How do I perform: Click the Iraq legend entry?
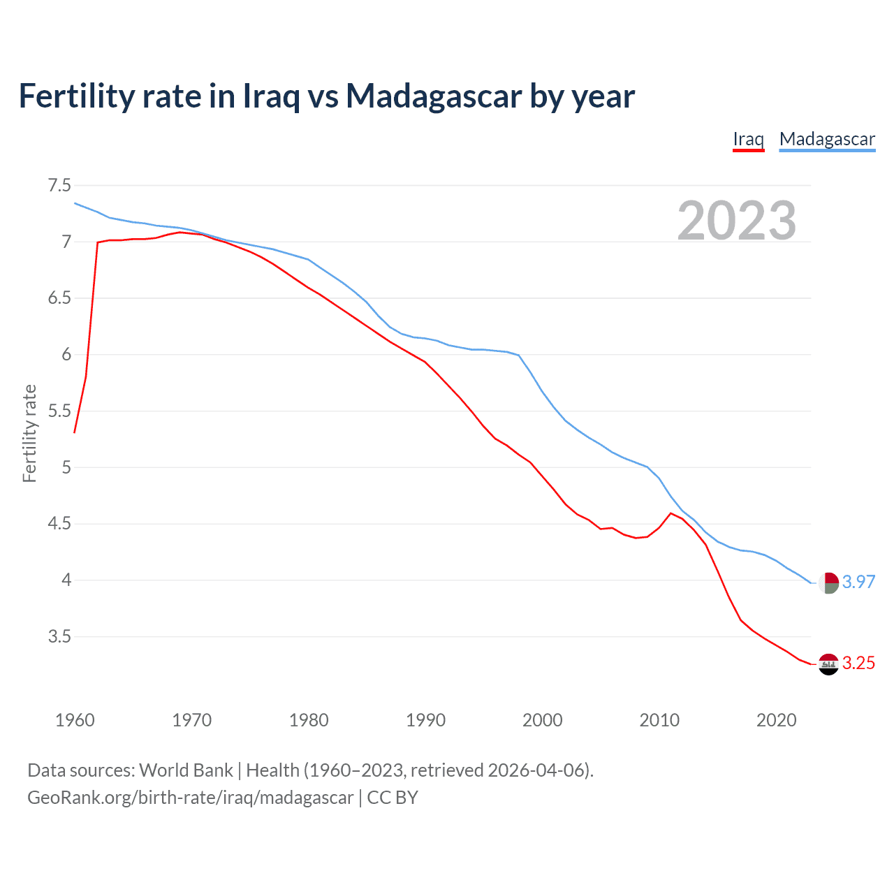tap(748, 139)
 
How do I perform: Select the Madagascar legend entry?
tap(827, 139)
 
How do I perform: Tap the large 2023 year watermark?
tap(736, 220)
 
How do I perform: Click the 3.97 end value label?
tap(858, 582)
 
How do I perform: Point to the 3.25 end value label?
tap(858, 663)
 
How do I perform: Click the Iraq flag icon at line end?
tap(828, 664)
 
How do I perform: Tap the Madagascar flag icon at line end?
tap(829, 582)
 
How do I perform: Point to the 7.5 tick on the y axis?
tap(59, 185)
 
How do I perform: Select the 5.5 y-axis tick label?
tap(59, 411)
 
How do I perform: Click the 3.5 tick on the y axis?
tap(59, 636)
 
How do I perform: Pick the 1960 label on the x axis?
tap(75, 720)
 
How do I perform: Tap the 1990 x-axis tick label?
tap(425, 720)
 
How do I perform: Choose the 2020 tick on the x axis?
tap(776, 720)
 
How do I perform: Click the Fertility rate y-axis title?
tap(29, 433)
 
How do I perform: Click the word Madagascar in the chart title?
tap(434, 96)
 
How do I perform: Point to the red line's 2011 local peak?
tap(671, 513)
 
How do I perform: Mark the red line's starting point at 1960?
tap(75, 433)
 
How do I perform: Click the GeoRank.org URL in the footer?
tap(190, 797)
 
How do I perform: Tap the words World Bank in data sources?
tap(186, 770)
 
